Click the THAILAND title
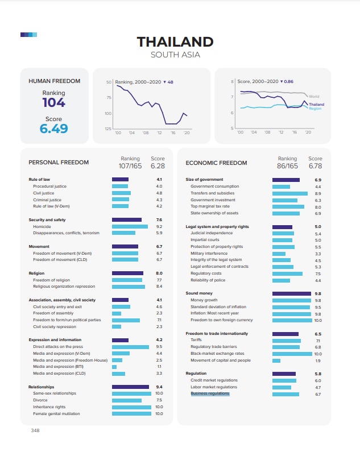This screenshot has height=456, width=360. pos(175,42)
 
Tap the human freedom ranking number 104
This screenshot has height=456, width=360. pos(53,103)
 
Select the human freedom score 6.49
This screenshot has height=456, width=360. pos(53,128)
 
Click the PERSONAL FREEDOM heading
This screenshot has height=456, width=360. pos(59,163)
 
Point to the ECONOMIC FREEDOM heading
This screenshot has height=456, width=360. pos(217,163)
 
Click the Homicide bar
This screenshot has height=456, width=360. pos(130,226)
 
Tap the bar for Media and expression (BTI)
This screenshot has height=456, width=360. pos(114,367)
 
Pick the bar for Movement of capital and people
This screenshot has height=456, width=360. pos(276,360)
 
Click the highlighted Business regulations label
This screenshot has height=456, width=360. pos(210,393)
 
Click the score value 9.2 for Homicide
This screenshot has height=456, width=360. pos(159,226)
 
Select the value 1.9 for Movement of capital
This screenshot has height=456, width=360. pos(318,360)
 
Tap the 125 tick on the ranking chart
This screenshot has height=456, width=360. pos(107,129)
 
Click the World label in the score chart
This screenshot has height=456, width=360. pos(313,97)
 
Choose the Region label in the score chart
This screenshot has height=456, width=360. pos(315,109)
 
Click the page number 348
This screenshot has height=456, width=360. pos(35,430)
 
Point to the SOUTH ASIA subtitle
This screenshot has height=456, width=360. pos(175,55)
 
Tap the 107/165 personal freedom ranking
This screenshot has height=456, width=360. pos(130,167)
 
